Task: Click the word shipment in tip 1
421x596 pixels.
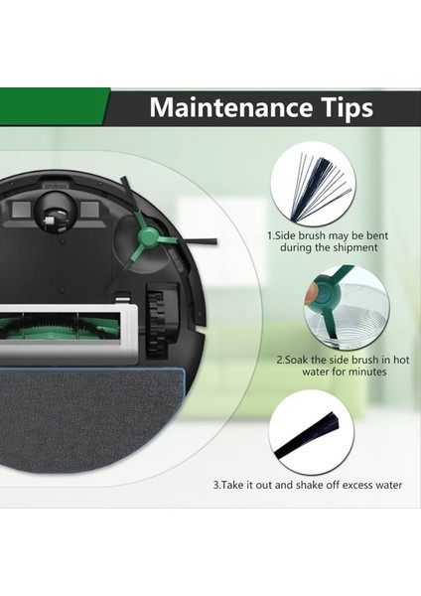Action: (354, 247)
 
